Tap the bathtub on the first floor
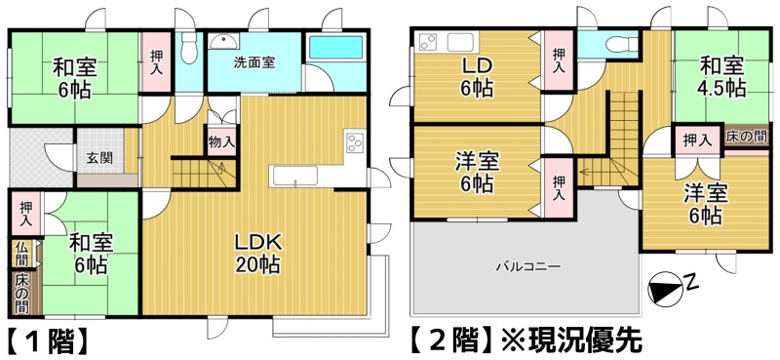coord(335,48)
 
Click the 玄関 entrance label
coord(99,158)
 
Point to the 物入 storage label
coord(222,141)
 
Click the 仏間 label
coord(21,253)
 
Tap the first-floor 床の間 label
coord(21,294)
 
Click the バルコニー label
coord(527,266)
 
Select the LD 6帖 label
coord(477,76)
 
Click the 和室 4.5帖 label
coord(721,76)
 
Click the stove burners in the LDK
coord(355,141)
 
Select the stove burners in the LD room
coord(428,41)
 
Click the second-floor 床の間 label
coord(746,138)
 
